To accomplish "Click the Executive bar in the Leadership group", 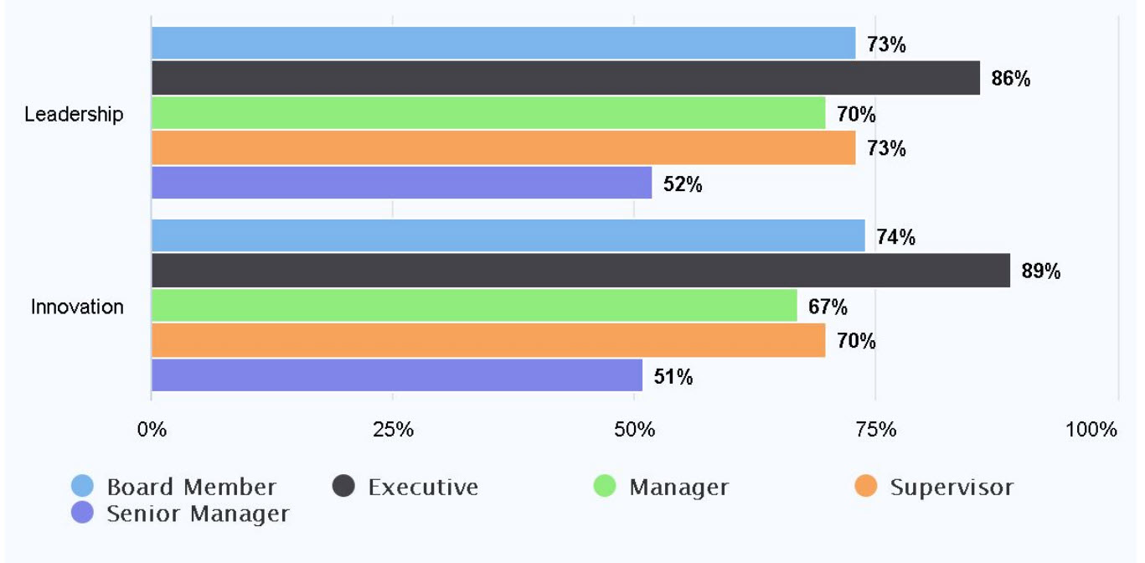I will coord(565,78).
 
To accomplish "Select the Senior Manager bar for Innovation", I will coord(396,375).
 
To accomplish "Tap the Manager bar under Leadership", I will coord(487,113).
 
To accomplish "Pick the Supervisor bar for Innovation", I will coord(487,340).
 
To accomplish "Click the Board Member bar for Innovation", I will coord(508,236).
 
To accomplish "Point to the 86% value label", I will coord(1011,80).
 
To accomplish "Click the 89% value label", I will coord(1041,271).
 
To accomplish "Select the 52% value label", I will coord(683,184).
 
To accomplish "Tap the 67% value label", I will coord(828,307).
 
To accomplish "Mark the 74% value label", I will coord(895,238).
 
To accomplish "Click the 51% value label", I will coord(673,377).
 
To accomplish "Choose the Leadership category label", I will coord(74,115).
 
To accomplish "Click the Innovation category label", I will coord(77,307).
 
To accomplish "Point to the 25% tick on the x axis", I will coord(393,431).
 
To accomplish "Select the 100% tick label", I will coord(1091,431).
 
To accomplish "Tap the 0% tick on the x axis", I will coord(152,431).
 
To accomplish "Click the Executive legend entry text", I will coord(423,487).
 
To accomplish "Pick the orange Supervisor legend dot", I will coord(866,486).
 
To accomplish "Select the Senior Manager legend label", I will coord(198,514).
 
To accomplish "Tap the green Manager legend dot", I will coord(604,486).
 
